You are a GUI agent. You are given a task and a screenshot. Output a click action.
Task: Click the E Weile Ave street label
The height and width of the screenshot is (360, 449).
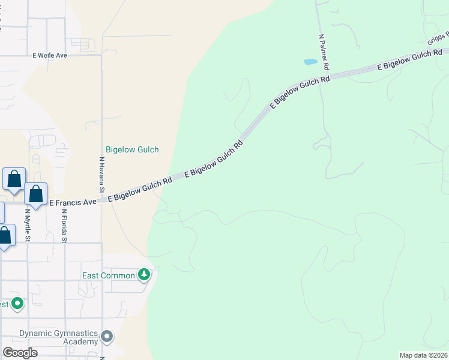50,55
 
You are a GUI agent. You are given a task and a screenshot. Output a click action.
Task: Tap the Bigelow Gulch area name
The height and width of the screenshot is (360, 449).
132,149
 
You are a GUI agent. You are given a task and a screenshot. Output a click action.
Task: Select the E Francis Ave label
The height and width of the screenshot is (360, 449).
73,203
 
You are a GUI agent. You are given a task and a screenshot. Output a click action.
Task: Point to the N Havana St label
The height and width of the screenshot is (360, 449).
102,175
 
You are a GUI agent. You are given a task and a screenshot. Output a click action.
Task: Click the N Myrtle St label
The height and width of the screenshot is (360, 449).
28,226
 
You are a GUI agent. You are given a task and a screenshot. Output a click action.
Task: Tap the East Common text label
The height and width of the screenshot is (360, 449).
109,275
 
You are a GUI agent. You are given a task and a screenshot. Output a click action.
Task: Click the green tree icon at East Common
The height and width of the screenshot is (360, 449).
144,275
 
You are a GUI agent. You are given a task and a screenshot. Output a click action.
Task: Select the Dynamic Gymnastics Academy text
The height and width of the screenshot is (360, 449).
58,337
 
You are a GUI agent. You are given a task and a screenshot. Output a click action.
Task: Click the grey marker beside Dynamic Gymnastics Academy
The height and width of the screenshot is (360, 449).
107,337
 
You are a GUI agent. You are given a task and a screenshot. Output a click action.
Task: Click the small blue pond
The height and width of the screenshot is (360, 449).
310,62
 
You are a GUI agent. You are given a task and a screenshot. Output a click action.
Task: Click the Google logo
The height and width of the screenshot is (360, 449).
20,352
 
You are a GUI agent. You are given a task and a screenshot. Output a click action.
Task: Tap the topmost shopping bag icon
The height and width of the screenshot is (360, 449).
14,179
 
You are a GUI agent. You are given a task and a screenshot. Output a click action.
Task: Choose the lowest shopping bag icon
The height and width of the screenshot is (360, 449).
5,235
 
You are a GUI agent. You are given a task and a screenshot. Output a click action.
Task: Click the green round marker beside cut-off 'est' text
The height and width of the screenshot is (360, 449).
18,304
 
